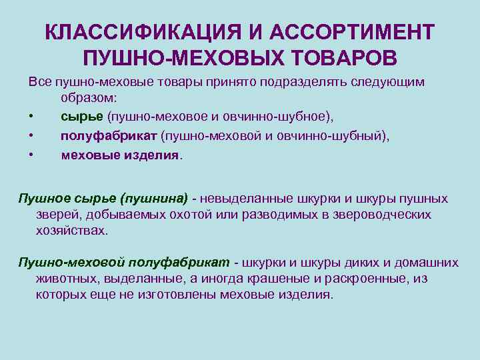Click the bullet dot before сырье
(x=31, y=117)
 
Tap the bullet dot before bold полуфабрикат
(x=31, y=136)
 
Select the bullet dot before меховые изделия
(x=31, y=155)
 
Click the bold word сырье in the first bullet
(x=81, y=117)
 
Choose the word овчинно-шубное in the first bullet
(x=280, y=117)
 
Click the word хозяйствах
(x=71, y=230)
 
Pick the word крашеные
(x=273, y=278)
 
